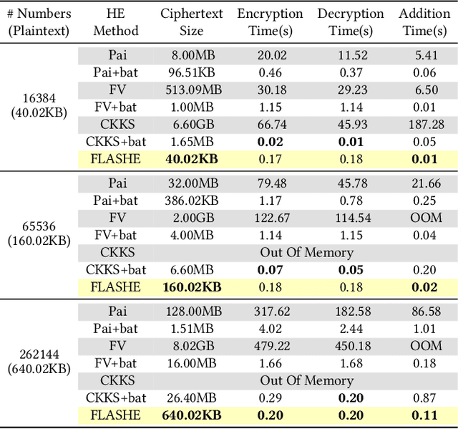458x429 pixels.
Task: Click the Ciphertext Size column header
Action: [192, 22]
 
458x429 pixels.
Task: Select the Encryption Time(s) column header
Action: [270, 22]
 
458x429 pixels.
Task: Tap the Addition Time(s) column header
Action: [424, 22]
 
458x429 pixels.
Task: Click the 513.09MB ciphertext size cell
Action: [192, 90]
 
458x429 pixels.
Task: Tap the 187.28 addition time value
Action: [424, 125]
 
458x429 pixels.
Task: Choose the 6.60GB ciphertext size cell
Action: [192, 125]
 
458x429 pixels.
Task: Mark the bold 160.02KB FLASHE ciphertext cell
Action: [192, 287]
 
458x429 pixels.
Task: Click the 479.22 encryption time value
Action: [270, 346]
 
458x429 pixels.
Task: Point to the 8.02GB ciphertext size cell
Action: [192, 346]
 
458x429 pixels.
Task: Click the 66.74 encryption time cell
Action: [270, 125]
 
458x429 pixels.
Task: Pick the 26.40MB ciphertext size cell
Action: [192, 398]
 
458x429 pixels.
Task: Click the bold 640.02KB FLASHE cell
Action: [192, 415]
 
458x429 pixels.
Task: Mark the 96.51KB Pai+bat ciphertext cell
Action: [192, 72]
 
